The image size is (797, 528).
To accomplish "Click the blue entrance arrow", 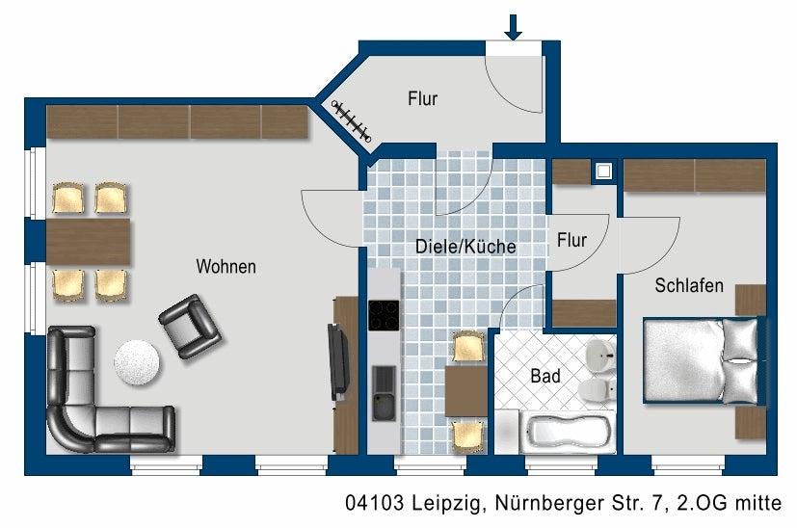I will [513, 27].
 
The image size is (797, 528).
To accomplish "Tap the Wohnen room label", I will [226, 266].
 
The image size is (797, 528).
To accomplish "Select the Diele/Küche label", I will [465, 247].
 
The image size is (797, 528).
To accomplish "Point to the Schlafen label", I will [689, 286].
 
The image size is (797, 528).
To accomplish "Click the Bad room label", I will [545, 376].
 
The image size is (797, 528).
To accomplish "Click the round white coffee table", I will [137, 361].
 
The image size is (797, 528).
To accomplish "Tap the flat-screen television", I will [339, 361].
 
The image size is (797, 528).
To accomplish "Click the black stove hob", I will [384, 316].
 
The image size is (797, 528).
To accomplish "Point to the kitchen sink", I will [384, 393].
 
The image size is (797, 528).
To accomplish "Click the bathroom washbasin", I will [600, 354].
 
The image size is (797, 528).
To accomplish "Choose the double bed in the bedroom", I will [702, 360].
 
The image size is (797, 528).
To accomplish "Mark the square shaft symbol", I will [604, 172].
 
